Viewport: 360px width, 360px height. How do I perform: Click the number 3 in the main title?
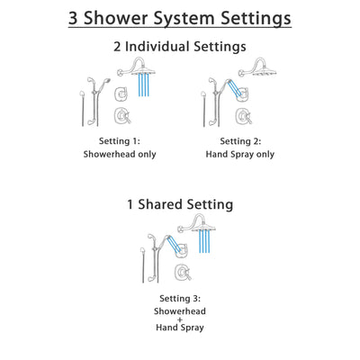click(76, 18)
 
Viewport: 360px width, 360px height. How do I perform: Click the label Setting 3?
click(180, 298)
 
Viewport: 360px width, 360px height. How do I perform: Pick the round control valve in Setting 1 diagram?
click(119, 115)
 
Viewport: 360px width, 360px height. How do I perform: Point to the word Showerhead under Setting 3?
click(180, 310)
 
